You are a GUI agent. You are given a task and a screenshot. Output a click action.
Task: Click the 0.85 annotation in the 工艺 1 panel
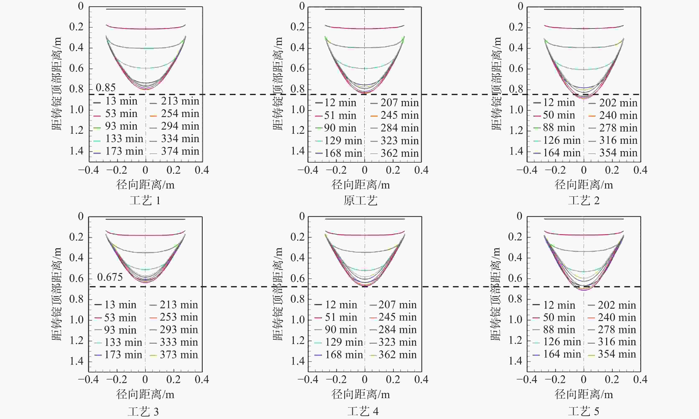point(105,88)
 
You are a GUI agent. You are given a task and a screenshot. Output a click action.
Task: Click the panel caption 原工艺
point(360,201)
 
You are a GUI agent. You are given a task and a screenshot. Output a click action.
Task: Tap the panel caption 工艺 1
point(145,201)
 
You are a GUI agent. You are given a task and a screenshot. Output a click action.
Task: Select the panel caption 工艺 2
point(584,201)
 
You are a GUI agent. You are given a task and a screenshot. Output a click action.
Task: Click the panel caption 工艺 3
point(143,412)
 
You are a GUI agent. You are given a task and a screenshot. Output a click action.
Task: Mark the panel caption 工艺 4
point(363,411)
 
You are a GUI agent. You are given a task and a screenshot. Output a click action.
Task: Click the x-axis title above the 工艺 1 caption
point(145,185)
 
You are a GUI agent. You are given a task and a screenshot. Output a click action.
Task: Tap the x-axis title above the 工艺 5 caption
point(584,394)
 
